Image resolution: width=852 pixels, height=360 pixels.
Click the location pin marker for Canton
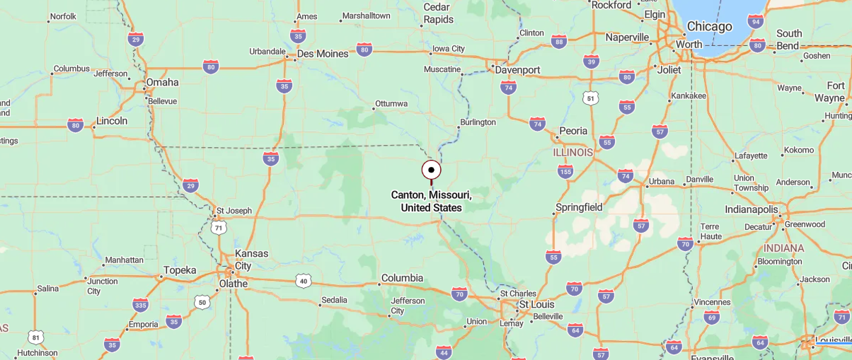click(x=431, y=170)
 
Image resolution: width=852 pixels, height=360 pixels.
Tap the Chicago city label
click(x=709, y=27)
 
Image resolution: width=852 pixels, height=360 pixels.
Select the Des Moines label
click(x=323, y=54)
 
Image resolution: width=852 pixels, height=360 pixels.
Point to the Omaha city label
click(x=162, y=83)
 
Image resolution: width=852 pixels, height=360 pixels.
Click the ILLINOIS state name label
click(x=573, y=153)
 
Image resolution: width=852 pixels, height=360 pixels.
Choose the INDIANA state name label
click(x=783, y=248)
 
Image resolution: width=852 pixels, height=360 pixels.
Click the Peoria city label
click(x=573, y=131)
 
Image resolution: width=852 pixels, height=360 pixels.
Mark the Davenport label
click(x=518, y=70)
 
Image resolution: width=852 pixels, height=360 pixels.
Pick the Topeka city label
click(x=179, y=270)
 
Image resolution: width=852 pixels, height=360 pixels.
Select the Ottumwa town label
click(x=391, y=104)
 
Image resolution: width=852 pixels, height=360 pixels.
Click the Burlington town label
click(x=478, y=122)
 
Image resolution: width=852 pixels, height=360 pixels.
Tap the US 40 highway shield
click(x=304, y=281)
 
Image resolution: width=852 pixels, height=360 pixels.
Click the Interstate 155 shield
click(x=565, y=171)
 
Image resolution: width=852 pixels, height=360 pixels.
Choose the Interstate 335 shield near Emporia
click(x=140, y=305)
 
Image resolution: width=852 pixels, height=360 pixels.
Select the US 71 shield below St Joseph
click(x=219, y=228)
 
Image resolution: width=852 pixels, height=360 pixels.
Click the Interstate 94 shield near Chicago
click(x=756, y=21)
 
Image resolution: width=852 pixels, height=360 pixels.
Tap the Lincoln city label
click(x=112, y=121)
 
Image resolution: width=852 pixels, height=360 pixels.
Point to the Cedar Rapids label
click(x=438, y=13)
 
